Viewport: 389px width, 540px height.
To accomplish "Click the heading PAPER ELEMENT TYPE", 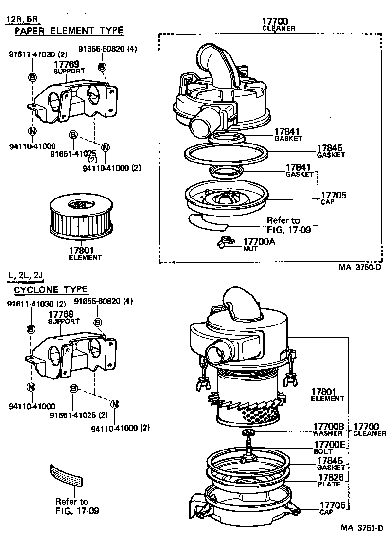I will click(69, 31).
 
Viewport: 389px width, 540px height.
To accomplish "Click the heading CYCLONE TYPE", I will click(51, 289).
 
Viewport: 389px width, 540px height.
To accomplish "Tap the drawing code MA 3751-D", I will click(362, 528).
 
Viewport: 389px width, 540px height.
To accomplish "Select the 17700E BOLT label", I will click(329, 447).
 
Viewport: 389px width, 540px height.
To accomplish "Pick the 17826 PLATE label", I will click(331, 480).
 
